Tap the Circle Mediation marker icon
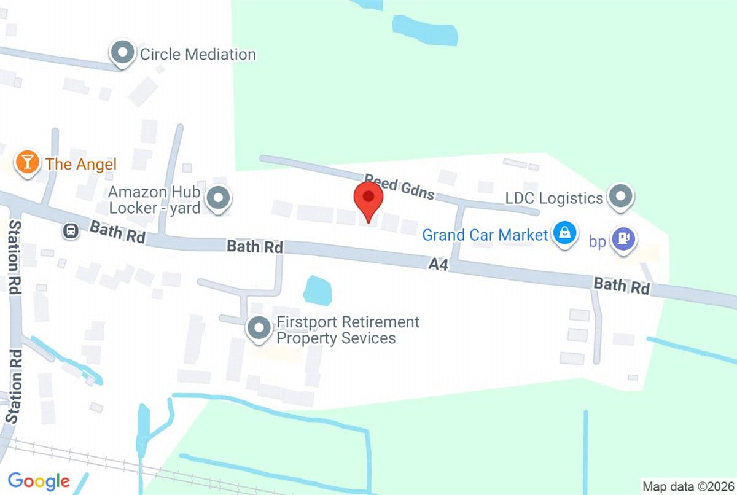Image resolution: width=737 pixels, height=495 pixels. tap(123, 53)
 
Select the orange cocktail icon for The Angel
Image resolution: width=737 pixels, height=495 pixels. tap(27, 163)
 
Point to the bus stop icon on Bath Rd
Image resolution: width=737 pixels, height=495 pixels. tap(71, 232)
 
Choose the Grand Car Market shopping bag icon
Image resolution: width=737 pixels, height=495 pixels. tap(563, 233)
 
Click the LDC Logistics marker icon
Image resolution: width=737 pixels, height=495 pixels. tap(621, 197)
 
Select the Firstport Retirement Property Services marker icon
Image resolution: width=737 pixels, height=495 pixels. tap(259, 328)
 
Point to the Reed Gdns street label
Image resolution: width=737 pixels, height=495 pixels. tap(399, 187)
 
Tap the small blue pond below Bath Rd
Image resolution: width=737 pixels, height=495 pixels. tap(318, 290)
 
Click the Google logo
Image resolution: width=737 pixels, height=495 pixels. tap(39, 481)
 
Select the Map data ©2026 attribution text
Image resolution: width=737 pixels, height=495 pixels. tap(687, 485)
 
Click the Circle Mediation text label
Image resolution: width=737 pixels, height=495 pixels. tap(198, 54)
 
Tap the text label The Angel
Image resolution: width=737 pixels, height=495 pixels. tap(80, 164)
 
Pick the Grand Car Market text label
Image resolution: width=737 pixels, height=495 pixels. tap(485, 235)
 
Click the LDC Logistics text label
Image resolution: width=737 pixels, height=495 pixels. tap(554, 198)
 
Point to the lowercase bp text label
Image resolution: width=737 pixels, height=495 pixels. tap(598, 241)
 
